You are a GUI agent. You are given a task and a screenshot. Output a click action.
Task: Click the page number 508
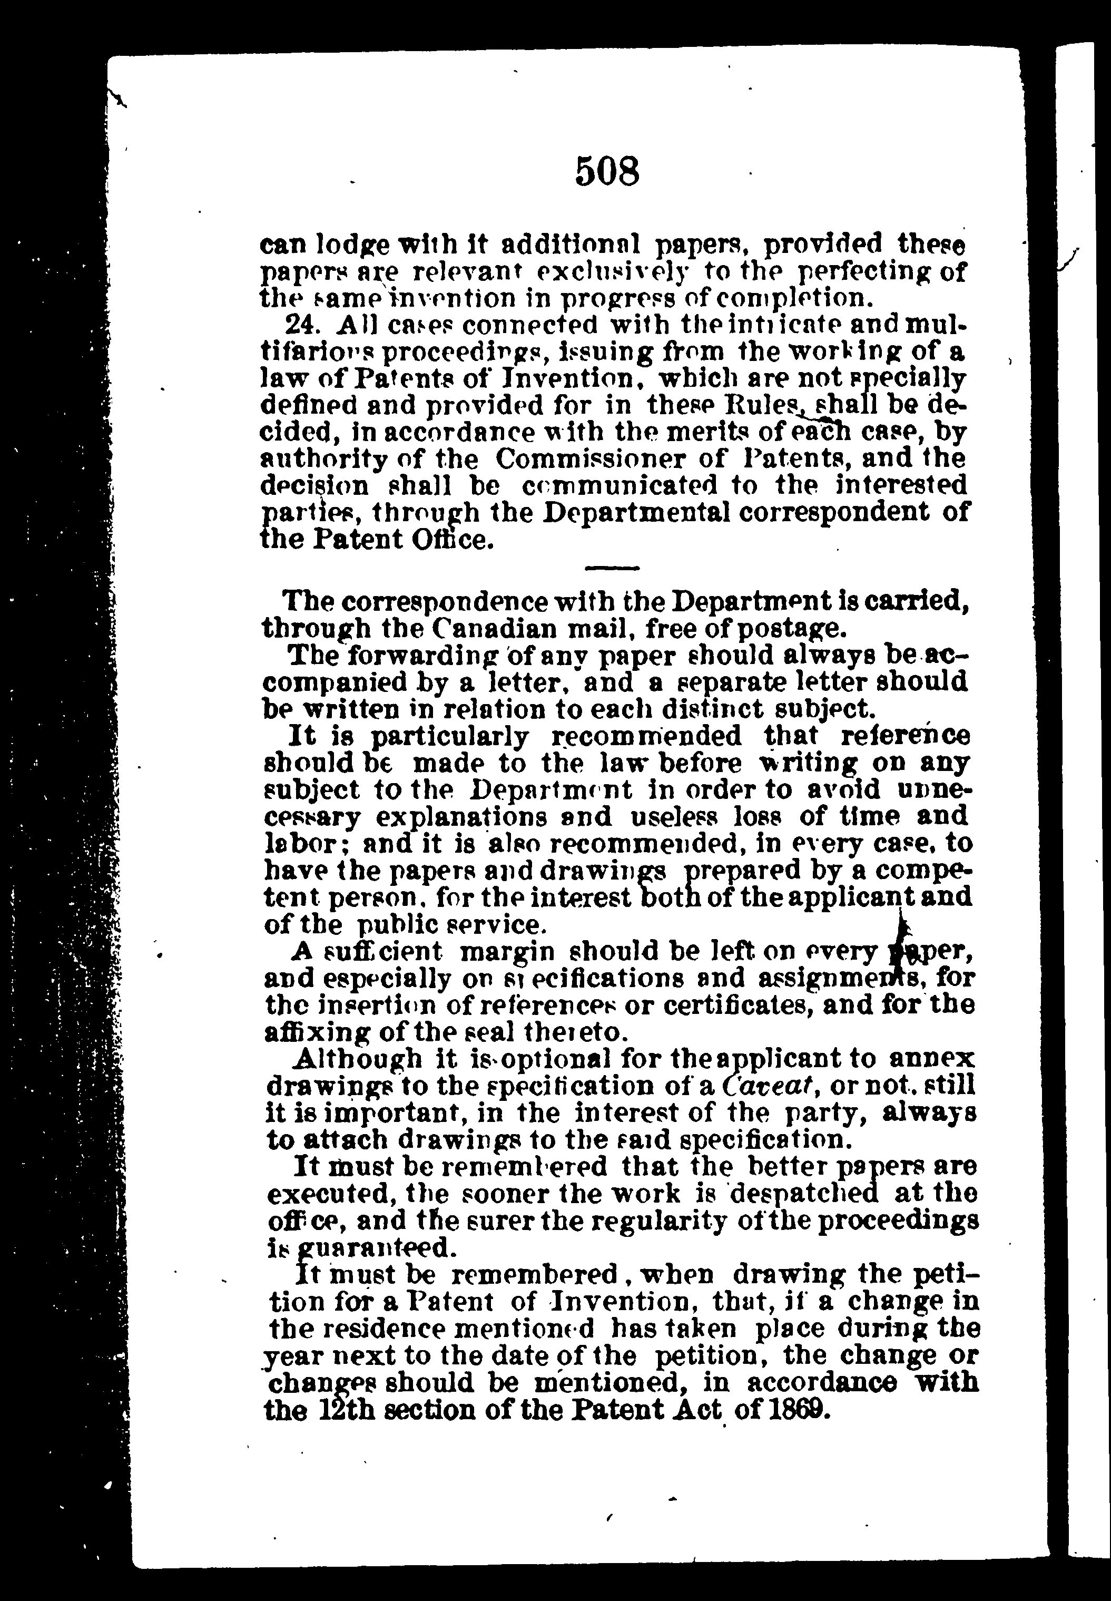(x=607, y=171)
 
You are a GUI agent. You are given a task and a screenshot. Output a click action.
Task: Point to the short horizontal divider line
(x=612, y=568)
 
